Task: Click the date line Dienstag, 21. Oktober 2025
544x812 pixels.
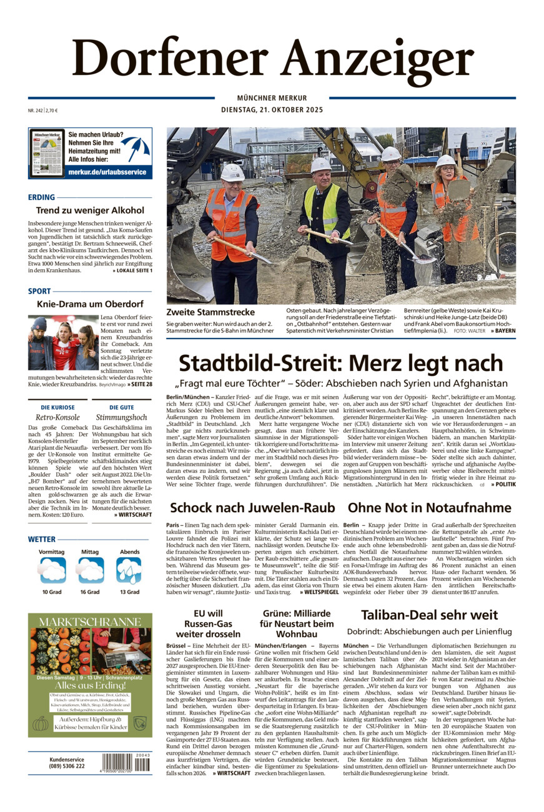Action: (x=272, y=110)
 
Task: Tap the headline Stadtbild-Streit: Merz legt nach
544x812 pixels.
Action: (x=340, y=364)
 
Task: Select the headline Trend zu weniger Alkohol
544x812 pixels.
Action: (x=90, y=210)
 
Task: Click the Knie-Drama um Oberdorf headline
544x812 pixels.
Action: (x=90, y=304)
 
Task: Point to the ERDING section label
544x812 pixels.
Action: (x=41, y=197)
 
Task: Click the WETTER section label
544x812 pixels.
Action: (x=42, y=539)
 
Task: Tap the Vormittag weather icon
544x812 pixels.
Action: (x=52, y=570)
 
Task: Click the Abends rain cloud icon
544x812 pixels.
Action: (x=129, y=570)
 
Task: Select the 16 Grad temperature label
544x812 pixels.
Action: (x=89, y=592)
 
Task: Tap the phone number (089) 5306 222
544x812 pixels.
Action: (x=67, y=766)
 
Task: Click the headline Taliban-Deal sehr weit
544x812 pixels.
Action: (x=429, y=615)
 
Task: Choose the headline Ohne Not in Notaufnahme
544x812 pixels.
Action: (x=429, y=508)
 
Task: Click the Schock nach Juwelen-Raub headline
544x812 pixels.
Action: (x=252, y=508)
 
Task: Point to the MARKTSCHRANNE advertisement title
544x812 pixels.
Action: (x=89, y=621)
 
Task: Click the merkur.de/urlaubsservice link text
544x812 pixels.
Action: (x=107, y=172)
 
